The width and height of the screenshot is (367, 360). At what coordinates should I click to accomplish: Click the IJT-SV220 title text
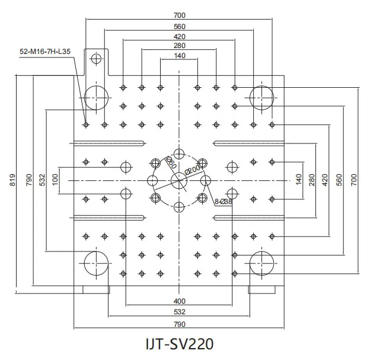click(x=179, y=343)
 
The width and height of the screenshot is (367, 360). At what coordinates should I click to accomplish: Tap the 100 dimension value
click(x=55, y=180)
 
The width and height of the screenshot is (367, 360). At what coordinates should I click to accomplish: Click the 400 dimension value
click(x=179, y=301)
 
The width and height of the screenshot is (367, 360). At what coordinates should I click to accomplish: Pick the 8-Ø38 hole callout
click(x=224, y=202)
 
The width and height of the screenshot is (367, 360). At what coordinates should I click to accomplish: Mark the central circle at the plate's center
click(x=179, y=180)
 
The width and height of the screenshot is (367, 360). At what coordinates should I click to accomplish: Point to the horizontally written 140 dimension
click(x=179, y=56)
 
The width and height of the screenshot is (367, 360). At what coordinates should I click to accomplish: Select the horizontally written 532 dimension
click(x=179, y=311)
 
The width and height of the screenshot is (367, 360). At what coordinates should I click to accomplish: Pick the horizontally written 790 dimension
click(x=179, y=324)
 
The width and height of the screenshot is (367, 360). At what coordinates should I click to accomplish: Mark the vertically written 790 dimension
click(x=28, y=180)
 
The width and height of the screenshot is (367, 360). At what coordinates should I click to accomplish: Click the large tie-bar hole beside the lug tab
click(x=96, y=96)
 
